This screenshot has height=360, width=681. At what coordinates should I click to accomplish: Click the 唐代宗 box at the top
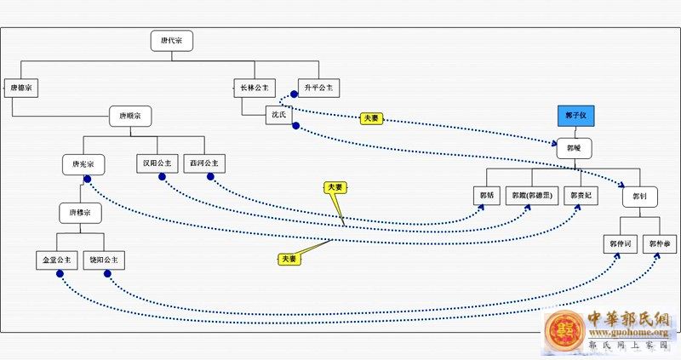click(171, 41)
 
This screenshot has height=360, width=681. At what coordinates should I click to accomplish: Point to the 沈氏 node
click(281, 113)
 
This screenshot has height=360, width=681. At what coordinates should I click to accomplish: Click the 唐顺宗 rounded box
click(130, 115)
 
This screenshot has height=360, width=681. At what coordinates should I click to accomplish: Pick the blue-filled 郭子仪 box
click(575, 115)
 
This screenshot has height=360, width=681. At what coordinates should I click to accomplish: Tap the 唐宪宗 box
click(83, 163)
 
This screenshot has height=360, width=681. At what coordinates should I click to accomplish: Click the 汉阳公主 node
click(157, 163)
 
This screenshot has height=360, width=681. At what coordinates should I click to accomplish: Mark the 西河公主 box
click(204, 163)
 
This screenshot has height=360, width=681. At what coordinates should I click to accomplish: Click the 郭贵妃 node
click(583, 196)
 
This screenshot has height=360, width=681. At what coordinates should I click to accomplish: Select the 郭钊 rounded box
click(640, 197)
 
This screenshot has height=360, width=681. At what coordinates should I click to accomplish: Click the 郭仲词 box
click(620, 244)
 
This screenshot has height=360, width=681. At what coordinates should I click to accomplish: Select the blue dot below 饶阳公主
click(109, 274)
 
